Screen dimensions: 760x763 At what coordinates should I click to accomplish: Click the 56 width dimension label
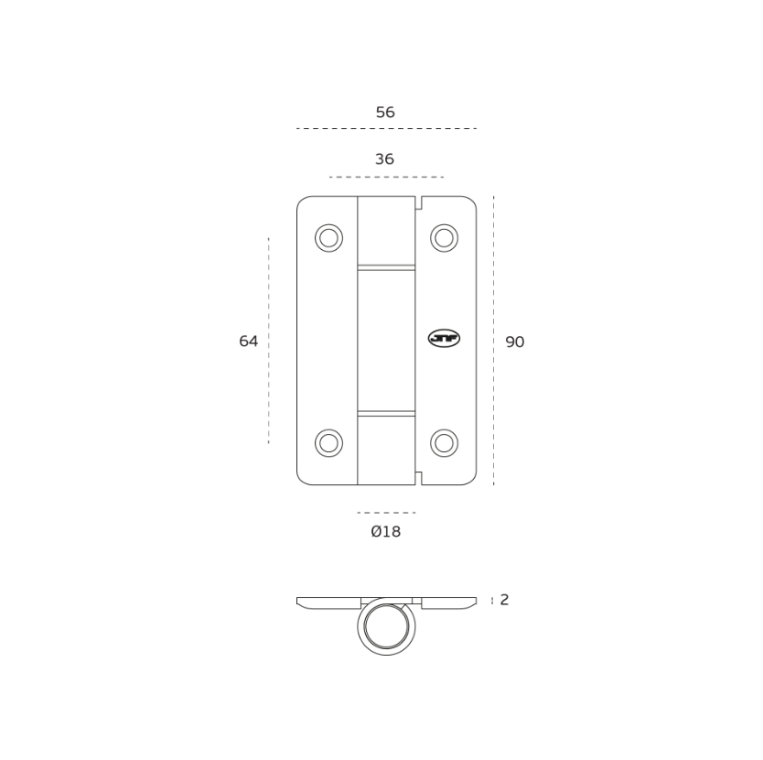385,113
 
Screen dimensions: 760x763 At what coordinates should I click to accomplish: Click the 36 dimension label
384,159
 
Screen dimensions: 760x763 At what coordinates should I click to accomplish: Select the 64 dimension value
249,342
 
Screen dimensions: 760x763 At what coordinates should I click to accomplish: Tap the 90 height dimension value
515,342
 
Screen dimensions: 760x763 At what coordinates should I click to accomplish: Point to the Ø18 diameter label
385,532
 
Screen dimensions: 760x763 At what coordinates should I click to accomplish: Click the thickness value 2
505,601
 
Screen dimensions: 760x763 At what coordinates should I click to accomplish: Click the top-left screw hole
328,238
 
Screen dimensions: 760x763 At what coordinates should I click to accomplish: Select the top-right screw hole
444,238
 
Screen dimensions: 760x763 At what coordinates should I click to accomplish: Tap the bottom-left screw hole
328,443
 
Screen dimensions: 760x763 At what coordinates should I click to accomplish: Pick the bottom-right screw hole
444,443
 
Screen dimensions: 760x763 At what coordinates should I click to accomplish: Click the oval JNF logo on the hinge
444,339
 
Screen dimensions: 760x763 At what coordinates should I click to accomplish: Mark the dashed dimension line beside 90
493,341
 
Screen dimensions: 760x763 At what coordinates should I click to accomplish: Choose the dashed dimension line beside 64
268,341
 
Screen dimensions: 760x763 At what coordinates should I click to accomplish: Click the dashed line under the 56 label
386,129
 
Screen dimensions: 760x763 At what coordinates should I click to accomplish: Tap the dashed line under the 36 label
386,177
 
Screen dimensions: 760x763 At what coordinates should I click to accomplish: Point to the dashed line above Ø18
386,513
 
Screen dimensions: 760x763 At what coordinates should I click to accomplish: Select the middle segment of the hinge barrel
386,340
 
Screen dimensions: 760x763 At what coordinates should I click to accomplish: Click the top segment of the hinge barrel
386,230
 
